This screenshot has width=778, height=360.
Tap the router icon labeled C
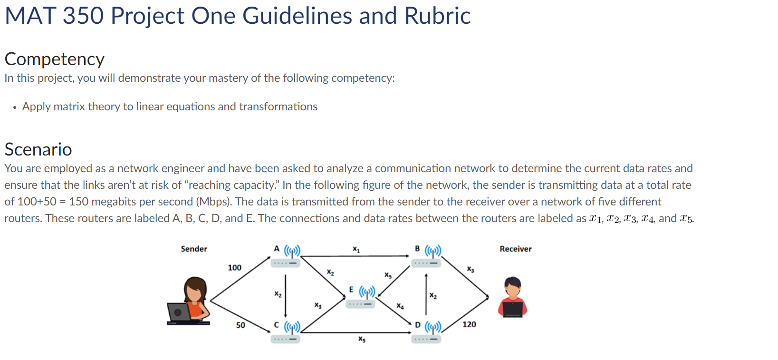[x=287, y=332]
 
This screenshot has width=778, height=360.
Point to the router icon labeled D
[x=427, y=332]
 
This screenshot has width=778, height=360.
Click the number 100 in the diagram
[x=234, y=268]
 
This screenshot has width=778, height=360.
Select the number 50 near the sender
[x=240, y=325]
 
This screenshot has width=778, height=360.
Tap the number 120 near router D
[x=469, y=324]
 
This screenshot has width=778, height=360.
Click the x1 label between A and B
[x=356, y=249]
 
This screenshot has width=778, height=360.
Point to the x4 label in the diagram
[x=400, y=306]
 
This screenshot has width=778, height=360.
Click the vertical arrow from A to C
[x=285, y=295]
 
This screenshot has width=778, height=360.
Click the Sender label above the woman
[x=194, y=249]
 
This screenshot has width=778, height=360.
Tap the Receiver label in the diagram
[x=516, y=249]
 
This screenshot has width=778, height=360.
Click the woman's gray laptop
[x=179, y=312]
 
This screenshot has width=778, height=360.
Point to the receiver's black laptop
[x=513, y=310]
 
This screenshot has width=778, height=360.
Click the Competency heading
[x=55, y=59]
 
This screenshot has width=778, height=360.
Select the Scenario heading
[x=38, y=149]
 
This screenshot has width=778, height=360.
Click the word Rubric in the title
[x=437, y=16]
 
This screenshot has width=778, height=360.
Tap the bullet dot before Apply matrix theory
[x=15, y=107]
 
